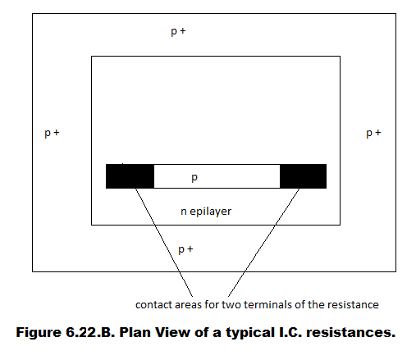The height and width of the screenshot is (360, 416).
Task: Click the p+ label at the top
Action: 178,31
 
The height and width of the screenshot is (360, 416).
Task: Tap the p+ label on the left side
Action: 52,133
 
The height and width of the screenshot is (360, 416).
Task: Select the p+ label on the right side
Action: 373,133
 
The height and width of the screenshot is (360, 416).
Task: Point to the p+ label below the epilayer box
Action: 185,249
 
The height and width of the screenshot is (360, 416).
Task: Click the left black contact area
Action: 130,176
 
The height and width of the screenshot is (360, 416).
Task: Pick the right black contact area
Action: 303,176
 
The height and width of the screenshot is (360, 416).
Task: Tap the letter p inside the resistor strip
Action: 194,178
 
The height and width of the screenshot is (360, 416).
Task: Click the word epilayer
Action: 210,212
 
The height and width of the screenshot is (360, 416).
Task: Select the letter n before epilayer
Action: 184,212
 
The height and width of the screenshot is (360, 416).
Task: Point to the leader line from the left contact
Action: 164,243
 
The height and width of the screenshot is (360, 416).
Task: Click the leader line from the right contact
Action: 263,243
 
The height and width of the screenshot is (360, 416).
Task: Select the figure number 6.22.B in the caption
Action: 90,333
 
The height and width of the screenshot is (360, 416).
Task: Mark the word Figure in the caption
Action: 39,333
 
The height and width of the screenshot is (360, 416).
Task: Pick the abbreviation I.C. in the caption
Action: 290,333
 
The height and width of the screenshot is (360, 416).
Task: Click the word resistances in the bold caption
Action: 351,333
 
